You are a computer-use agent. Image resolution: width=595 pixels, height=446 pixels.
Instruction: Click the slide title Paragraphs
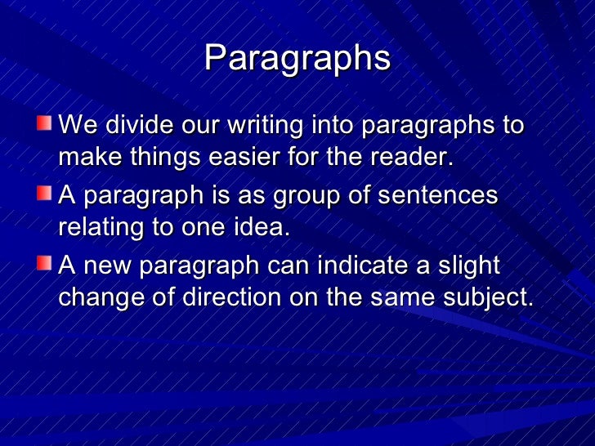(297, 58)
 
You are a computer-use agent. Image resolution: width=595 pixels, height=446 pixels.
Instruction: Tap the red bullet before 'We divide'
(43, 125)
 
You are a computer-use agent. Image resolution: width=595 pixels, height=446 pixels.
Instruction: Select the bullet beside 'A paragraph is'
(43, 194)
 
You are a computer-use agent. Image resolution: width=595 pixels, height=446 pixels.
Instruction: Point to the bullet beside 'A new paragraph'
(43, 264)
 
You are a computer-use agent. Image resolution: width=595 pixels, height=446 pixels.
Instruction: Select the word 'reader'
(410, 156)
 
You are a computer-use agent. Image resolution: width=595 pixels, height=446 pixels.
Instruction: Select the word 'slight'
(469, 265)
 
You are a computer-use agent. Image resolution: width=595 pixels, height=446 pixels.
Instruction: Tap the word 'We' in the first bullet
(77, 127)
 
